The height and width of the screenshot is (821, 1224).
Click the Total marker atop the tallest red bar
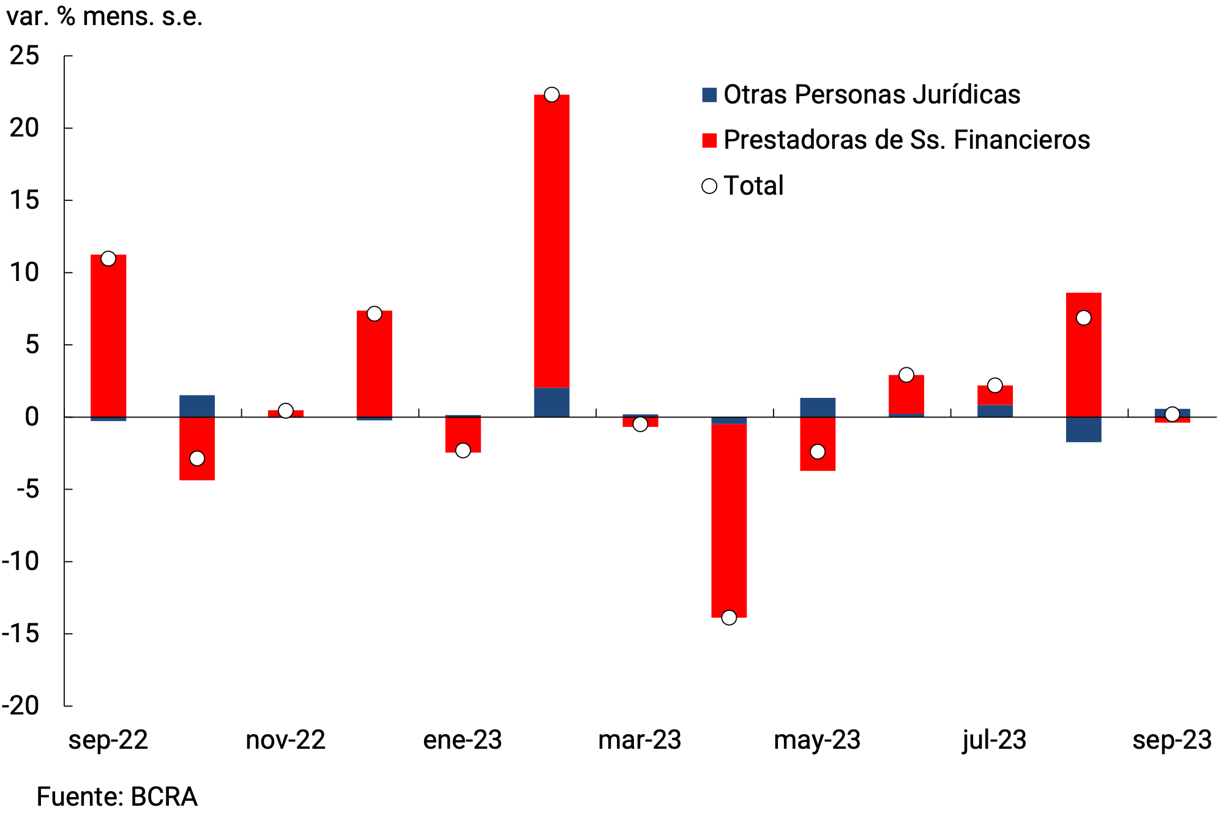(x=551, y=94)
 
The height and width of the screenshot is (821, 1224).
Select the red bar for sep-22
(x=108, y=337)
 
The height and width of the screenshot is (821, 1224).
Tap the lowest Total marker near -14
(x=729, y=617)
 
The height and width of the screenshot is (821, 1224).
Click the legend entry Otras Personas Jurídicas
(x=871, y=95)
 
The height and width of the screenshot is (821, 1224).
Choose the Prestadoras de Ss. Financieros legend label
(x=906, y=140)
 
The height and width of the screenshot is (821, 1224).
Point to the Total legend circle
(x=709, y=186)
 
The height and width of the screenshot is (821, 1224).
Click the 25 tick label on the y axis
(x=25, y=56)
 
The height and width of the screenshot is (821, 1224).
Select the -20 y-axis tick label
(x=21, y=706)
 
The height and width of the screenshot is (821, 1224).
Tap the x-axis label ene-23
(x=463, y=740)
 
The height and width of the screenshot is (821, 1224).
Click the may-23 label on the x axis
(x=817, y=740)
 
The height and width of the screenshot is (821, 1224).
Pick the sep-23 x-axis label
(x=1171, y=740)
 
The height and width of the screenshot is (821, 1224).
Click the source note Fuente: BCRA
(x=117, y=797)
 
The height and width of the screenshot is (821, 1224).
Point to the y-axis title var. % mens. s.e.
(x=105, y=17)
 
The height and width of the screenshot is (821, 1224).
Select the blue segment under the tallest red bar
(x=551, y=402)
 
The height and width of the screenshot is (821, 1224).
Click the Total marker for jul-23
(x=994, y=385)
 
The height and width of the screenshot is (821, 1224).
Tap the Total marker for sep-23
(x=1172, y=414)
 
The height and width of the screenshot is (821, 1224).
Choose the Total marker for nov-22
(x=285, y=410)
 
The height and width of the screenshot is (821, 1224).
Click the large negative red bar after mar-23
(x=729, y=520)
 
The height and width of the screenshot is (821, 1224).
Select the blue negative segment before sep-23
(x=1083, y=429)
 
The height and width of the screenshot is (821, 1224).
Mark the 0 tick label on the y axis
(x=32, y=418)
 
